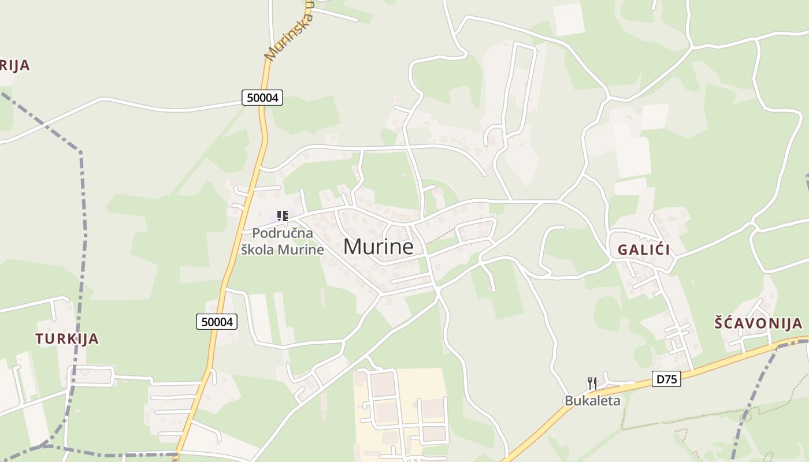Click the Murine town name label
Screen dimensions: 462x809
point(378,247)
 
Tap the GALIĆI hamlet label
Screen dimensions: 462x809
point(644,250)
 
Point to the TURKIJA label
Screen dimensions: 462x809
point(67,339)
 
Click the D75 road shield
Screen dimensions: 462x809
point(666,379)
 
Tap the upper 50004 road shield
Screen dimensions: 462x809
point(262,98)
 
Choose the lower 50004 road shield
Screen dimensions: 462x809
point(217,322)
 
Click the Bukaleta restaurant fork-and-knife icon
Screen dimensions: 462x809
point(592,383)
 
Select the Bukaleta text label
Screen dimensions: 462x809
point(592,401)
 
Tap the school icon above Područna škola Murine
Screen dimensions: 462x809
point(282,216)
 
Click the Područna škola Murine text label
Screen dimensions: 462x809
point(283,241)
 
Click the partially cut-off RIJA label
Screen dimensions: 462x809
point(14,65)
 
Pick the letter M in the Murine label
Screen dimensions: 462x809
point(354,247)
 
